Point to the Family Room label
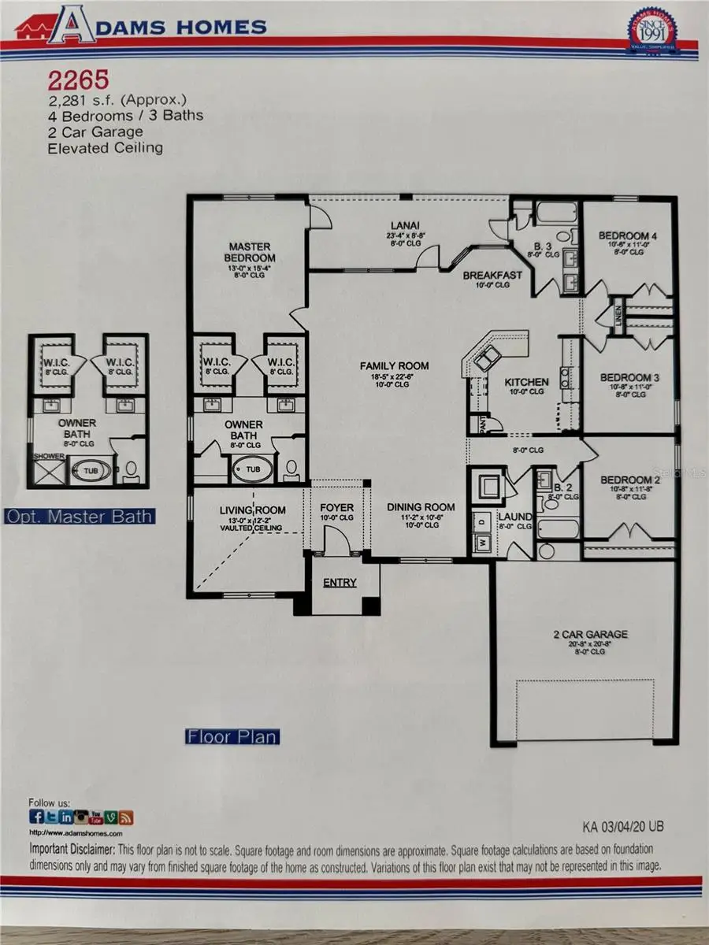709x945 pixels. click(x=395, y=365)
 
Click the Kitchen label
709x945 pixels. click(x=526, y=382)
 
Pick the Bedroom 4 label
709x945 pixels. click(x=628, y=235)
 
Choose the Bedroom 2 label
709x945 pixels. click(x=629, y=480)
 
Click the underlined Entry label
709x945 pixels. click(x=340, y=583)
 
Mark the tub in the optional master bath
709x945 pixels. click(x=84, y=472)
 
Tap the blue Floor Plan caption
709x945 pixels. click(x=232, y=737)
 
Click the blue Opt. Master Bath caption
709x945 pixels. click(x=80, y=517)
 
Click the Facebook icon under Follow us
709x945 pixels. click(x=36, y=817)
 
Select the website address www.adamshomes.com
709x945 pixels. click(x=76, y=832)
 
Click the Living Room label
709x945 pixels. click(x=252, y=510)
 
